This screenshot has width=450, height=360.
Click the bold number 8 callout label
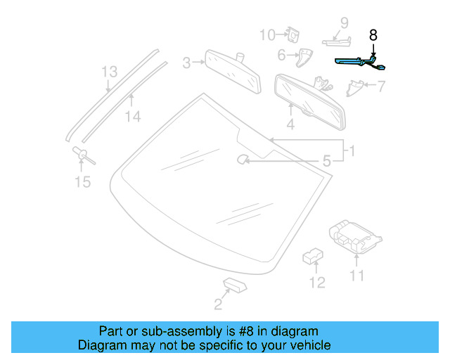[373, 34]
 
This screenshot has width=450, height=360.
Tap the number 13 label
[108, 72]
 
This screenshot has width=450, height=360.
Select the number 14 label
[132, 117]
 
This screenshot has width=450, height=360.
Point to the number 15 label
[82, 182]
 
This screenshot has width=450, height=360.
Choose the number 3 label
[186, 63]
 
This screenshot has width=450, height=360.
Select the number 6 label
[281, 54]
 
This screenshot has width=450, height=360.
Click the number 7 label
[381, 87]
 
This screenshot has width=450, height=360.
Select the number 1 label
[352, 150]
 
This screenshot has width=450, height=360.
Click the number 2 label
[218, 304]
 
